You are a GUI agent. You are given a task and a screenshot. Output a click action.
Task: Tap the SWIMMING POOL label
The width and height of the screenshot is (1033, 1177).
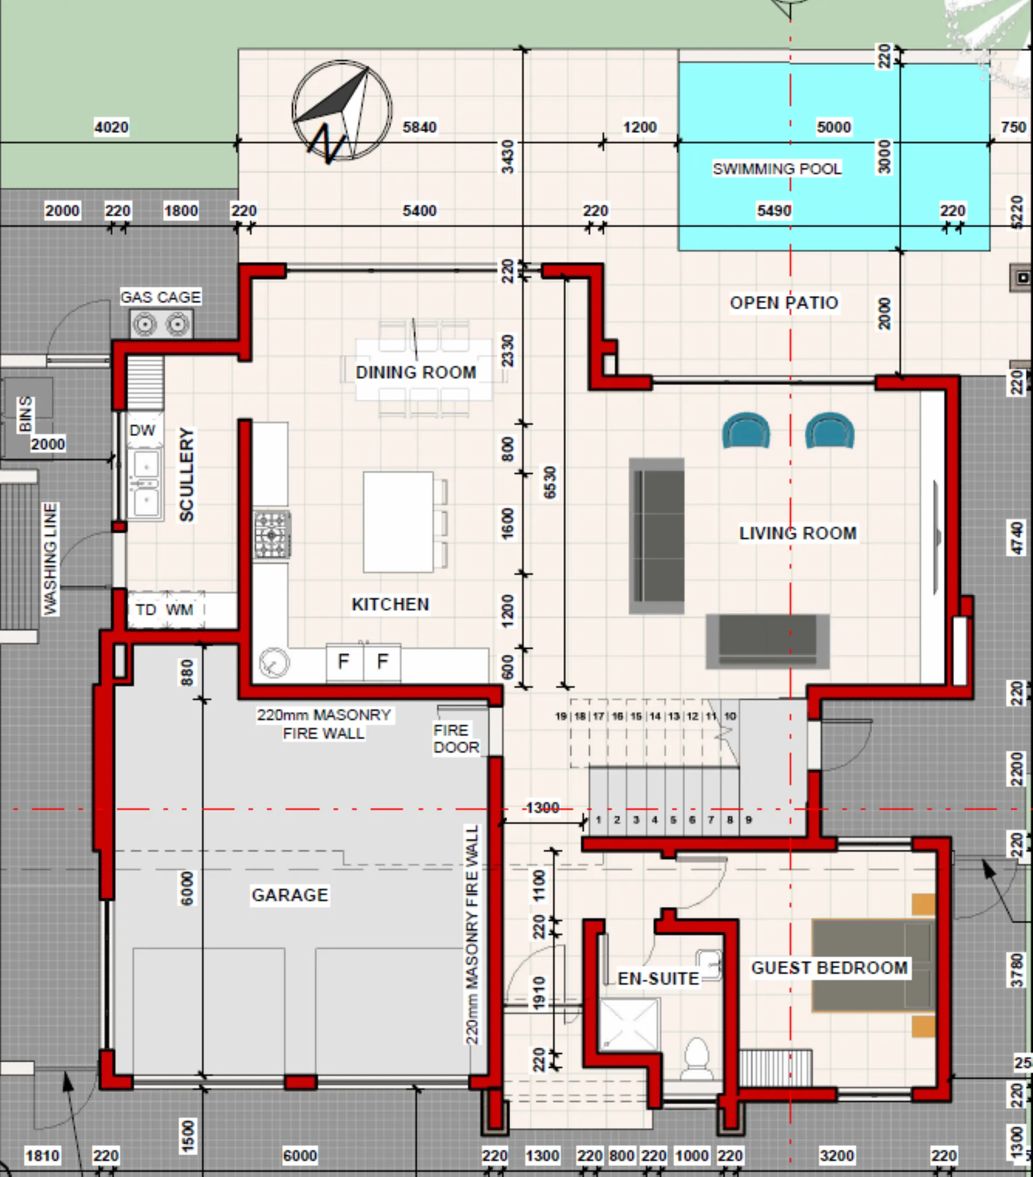pyautogui.click(x=777, y=168)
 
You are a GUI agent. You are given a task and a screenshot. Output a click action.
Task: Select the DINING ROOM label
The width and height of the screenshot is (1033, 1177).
pyautogui.click(x=416, y=372)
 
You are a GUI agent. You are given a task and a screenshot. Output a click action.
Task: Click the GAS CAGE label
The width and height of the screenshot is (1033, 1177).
pyautogui.click(x=161, y=297)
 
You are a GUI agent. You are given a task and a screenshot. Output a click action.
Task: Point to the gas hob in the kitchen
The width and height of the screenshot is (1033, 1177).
pyautogui.click(x=272, y=534)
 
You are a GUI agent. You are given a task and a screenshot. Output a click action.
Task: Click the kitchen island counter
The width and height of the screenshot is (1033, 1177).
pyautogui.click(x=399, y=521)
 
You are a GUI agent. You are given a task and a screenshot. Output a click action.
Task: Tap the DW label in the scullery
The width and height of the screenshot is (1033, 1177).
pyautogui.click(x=142, y=430)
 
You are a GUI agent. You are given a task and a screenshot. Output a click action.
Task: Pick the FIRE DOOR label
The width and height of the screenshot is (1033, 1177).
pyautogui.click(x=456, y=738)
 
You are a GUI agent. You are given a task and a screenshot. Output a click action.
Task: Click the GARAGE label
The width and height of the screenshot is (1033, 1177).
pyautogui.click(x=289, y=895)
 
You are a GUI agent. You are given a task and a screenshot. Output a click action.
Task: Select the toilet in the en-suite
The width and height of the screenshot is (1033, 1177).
pyautogui.click(x=697, y=1058)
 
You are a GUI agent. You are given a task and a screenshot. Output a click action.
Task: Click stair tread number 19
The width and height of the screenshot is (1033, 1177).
pyautogui.click(x=561, y=716)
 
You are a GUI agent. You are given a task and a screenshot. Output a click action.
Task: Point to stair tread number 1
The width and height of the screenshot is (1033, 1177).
pyautogui.click(x=599, y=820)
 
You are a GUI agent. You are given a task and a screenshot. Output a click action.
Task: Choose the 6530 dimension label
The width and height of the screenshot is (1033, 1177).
pyautogui.click(x=550, y=482)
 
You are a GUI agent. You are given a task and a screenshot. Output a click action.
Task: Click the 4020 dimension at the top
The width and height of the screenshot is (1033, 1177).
pyautogui.click(x=111, y=126)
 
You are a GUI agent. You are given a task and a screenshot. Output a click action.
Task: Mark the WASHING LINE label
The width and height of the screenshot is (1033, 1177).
pyautogui.click(x=51, y=559)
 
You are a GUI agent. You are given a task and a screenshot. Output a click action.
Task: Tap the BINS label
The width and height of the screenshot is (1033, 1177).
pyautogui.click(x=25, y=413)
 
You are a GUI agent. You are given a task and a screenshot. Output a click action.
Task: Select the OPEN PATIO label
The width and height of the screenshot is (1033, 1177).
pyautogui.click(x=784, y=303)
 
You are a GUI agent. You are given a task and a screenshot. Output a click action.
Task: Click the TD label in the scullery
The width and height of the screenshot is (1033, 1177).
pyautogui.click(x=146, y=609)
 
